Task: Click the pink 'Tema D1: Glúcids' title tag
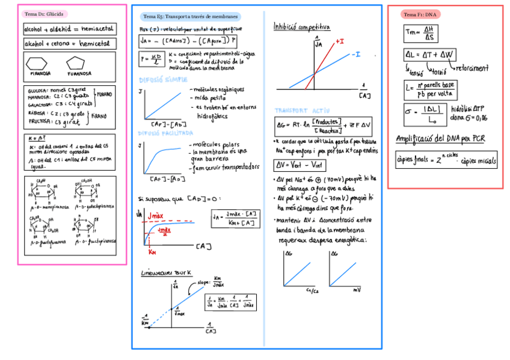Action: coord(45,14)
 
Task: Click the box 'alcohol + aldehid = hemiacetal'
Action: coord(69,29)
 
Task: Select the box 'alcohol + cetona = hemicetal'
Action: coord(69,44)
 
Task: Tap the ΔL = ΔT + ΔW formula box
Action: coord(429,55)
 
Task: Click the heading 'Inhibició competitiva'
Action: coord(301,27)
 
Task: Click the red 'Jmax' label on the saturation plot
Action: coord(155,215)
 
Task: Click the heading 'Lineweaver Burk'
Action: coord(166,272)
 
